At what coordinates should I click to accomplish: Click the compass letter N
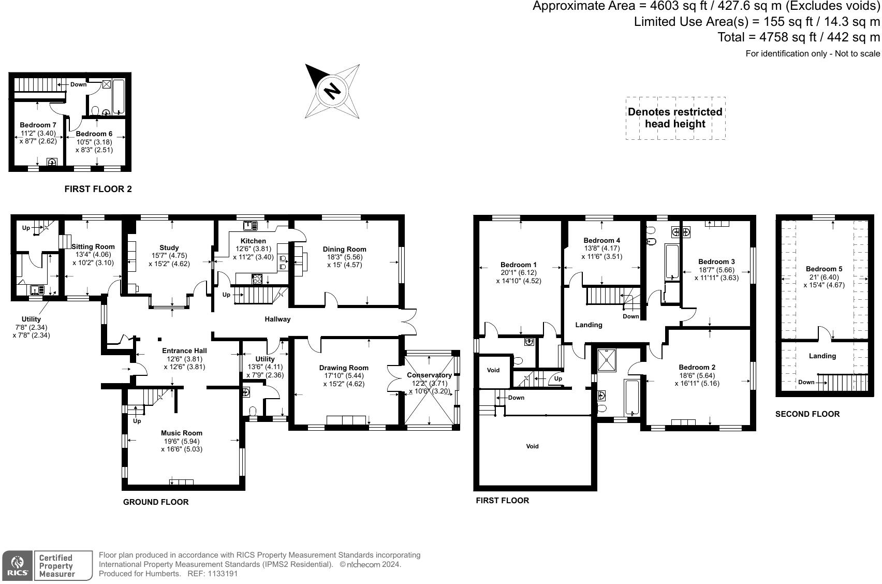tap(332, 91)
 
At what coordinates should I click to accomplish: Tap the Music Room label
tap(181, 433)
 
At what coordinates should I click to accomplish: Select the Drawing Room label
tap(344, 368)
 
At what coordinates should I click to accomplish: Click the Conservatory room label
tap(429, 375)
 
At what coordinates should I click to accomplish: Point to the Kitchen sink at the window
tap(251, 225)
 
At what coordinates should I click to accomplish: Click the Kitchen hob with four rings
tap(257, 279)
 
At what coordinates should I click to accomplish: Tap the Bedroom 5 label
tap(824, 269)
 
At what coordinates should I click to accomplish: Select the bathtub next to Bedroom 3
tap(672, 262)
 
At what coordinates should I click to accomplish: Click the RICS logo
tap(18, 565)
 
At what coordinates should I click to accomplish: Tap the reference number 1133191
tap(222, 574)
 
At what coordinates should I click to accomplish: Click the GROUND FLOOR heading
tap(156, 502)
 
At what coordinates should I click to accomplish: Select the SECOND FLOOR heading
tap(807, 414)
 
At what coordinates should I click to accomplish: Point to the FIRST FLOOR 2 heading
tap(98, 189)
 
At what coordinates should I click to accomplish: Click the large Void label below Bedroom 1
tap(532, 446)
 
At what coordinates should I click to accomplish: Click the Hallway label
tap(277, 319)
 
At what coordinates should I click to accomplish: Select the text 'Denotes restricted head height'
tap(675, 118)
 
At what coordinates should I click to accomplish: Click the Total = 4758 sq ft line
tap(798, 37)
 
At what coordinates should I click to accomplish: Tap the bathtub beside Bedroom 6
tap(119, 97)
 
